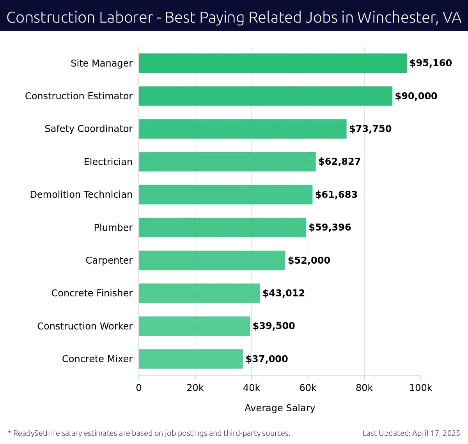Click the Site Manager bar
point(273,63)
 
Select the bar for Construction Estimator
point(265,96)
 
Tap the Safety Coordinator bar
point(243,129)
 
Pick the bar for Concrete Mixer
point(191,359)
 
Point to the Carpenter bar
point(212,260)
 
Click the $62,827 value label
point(339,162)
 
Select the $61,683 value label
point(336,194)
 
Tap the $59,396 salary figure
point(330,227)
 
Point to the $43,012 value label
point(284,293)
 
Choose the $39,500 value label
point(274,326)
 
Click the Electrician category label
point(108,162)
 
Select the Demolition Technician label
point(81,194)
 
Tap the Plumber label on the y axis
point(113,227)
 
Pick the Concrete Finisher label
point(92,293)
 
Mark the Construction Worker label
point(85,326)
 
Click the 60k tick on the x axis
point(308,388)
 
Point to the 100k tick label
point(420,388)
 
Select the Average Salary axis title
point(280,408)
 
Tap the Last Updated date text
point(411,433)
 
